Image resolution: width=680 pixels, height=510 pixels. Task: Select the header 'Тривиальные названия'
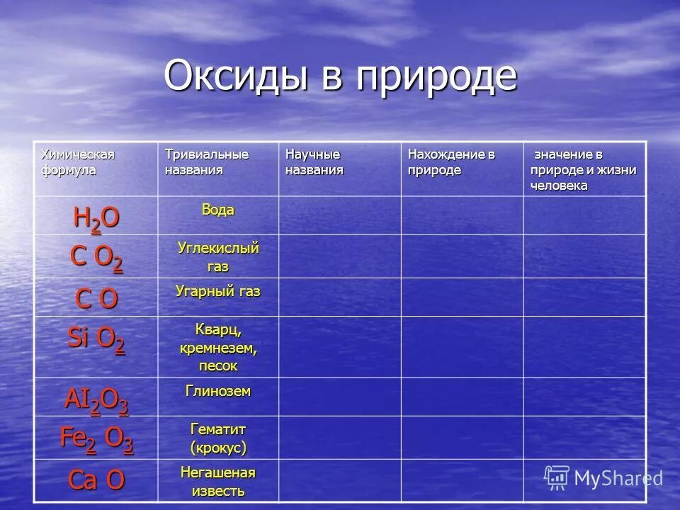pyautogui.click(x=206, y=162)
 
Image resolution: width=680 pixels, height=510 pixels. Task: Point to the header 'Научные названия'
pyautogui.click(x=314, y=162)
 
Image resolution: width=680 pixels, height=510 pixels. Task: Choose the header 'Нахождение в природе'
pyautogui.click(x=450, y=162)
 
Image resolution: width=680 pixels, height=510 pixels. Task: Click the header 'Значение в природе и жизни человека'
pyautogui.click(x=583, y=170)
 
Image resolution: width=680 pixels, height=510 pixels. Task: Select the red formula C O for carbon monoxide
pyautogui.click(x=96, y=299)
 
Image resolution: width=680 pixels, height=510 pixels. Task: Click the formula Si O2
pyautogui.click(x=96, y=340)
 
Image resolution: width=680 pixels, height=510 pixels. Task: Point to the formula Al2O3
pyautogui.click(x=96, y=400)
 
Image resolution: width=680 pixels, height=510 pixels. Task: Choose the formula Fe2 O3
pyautogui.click(x=96, y=439)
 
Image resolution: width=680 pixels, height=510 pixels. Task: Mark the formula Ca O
pyautogui.click(x=96, y=480)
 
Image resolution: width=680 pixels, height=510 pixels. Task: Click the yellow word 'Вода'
pyautogui.click(x=217, y=210)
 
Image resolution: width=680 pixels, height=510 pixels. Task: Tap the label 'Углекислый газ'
pyautogui.click(x=217, y=257)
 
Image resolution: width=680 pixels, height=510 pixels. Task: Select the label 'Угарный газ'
pyautogui.click(x=217, y=291)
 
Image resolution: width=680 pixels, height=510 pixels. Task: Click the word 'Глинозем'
pyautogui.click(x=217, y=391)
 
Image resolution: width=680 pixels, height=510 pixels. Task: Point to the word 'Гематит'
pyautogui.click(x=217, y=429)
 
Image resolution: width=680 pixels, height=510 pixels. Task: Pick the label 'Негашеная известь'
pyautogui.click(x=217, y=481)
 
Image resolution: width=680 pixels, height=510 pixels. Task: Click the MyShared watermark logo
pyautogui.click(x=603, y=477)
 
